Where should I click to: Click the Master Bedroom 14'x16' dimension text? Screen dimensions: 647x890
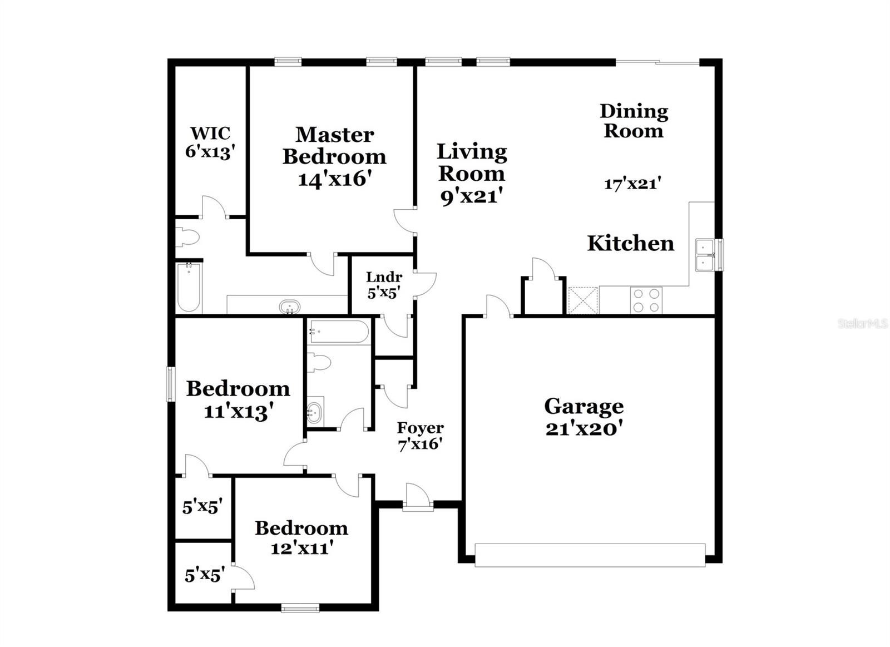(334, 179)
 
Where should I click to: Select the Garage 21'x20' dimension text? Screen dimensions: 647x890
(584, 429)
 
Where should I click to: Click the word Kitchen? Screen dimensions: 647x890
(630, 243)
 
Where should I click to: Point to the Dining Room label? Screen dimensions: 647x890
(634, 121)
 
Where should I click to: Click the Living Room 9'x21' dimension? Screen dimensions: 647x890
(472, 196)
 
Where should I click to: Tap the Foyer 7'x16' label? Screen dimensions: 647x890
(420, 436)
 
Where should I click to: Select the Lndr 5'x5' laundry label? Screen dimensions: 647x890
(384, 285)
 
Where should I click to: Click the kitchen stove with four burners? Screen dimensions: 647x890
(646, 300)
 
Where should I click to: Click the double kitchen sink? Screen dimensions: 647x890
(705, 255)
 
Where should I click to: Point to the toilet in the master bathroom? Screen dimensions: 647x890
(187, 238)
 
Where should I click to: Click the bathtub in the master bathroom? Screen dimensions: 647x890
(189, 287)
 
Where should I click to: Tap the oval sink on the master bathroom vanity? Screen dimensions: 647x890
(289, 307)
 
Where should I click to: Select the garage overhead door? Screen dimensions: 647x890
(590, 555)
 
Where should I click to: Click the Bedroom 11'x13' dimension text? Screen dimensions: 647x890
(238, 412)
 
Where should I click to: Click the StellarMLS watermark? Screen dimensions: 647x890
(863, 323)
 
